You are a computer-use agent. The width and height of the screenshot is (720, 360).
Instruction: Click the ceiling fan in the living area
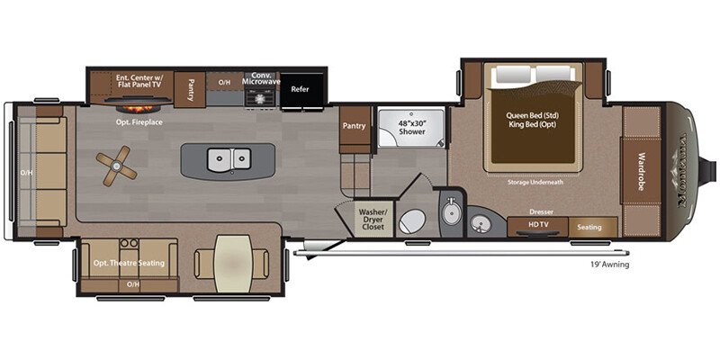pyautogui.click(x=117, y=166)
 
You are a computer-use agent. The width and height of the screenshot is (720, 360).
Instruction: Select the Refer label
pyautogui.click(x=300, y=89)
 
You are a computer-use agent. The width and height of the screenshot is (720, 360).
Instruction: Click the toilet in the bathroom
pyautogui.click(x=411, y=220)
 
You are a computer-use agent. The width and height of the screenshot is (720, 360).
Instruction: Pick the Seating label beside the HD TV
pyautogui.click(x=589, y=227)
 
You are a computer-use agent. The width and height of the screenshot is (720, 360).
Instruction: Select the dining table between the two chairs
pyautogui.click(x=232, y=263)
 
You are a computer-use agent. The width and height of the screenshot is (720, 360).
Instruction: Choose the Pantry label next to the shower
pyautogui.click(x=354, y=126)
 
